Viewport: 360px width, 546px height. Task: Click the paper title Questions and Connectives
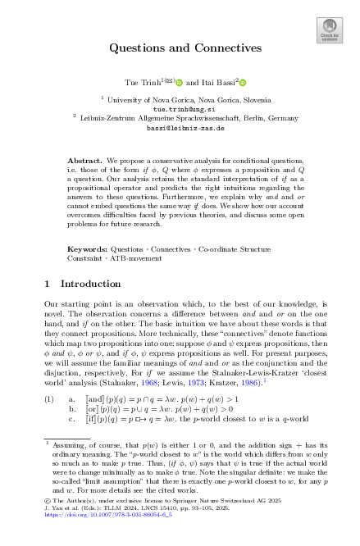pyautogui.click(x=180, y=48)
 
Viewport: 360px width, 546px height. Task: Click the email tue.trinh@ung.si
pyautogui.click(x=180, y=107)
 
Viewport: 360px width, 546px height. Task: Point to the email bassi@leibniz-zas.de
pyautogui.click(x=180, y=128)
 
